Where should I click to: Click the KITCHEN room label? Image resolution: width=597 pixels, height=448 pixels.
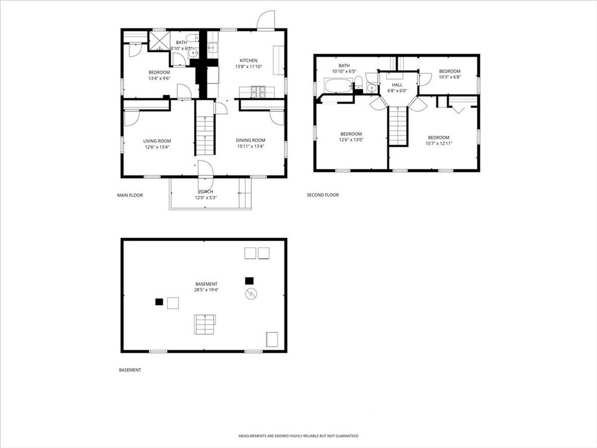248,61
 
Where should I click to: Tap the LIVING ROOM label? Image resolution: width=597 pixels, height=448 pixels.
157,141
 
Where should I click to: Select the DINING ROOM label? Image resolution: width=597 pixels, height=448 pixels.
251,140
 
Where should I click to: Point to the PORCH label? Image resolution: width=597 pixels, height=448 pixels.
206,191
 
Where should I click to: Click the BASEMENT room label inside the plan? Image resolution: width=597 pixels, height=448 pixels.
206,284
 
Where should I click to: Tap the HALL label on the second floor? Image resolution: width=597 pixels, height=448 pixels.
397,85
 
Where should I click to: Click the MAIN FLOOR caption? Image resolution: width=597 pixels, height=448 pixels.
130,195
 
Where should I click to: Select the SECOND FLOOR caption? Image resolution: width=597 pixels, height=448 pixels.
322,195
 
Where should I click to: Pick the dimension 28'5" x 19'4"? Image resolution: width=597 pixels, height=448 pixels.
206,290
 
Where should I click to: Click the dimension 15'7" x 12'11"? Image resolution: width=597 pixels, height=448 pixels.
438,143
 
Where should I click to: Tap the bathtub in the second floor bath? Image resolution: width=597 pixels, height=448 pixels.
338,86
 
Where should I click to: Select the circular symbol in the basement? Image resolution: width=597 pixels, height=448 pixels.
251,294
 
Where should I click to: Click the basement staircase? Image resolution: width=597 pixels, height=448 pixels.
205,324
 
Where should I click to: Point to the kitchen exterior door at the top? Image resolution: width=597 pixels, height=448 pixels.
266,20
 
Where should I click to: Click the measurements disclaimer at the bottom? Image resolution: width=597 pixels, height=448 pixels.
298,436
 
